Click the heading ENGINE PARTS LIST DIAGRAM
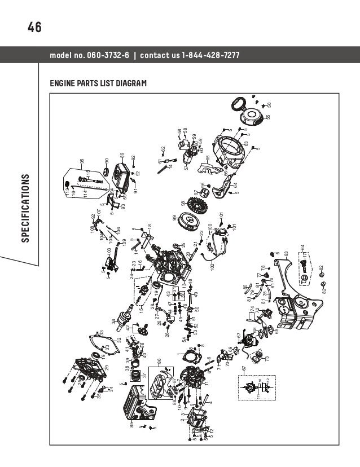coord(99,83)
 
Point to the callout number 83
coord(286,254)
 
